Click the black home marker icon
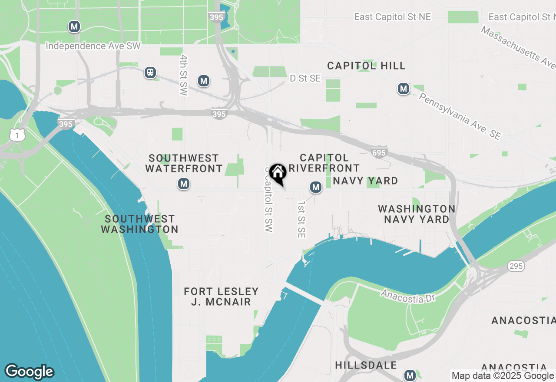pos(278,173)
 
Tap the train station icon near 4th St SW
pos(150,72)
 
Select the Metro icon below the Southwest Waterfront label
pos(184,184)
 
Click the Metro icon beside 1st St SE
pos(315,188)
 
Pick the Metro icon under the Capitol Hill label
pos(404,89)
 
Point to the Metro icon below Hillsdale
pos(410,375)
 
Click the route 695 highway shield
pos(378,152)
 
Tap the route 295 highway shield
pos(515,267)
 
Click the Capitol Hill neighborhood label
pos(366,66)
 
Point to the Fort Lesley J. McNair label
pos(221,296)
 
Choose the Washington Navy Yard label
pos(417,214)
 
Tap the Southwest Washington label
pos(139,224)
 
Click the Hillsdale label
pos(366,365)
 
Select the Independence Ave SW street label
pos(93,46)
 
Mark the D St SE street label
pos(305,78)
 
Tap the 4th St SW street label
pos(184,75)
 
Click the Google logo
pos(29,372)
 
